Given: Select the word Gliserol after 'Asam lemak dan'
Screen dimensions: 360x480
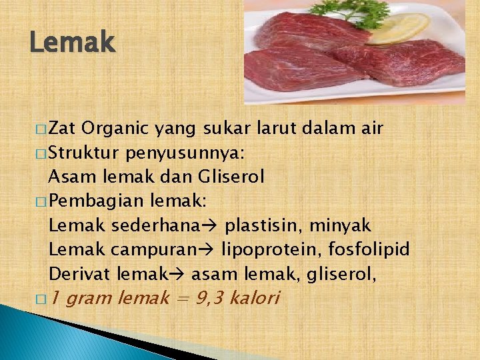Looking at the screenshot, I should [x=231, y=177].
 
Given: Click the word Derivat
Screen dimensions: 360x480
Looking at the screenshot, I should [x=79, y=273].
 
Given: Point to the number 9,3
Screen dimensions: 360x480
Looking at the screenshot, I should [x=210, y=297].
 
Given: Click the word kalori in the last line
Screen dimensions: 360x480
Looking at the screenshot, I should [x=254, y=297].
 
